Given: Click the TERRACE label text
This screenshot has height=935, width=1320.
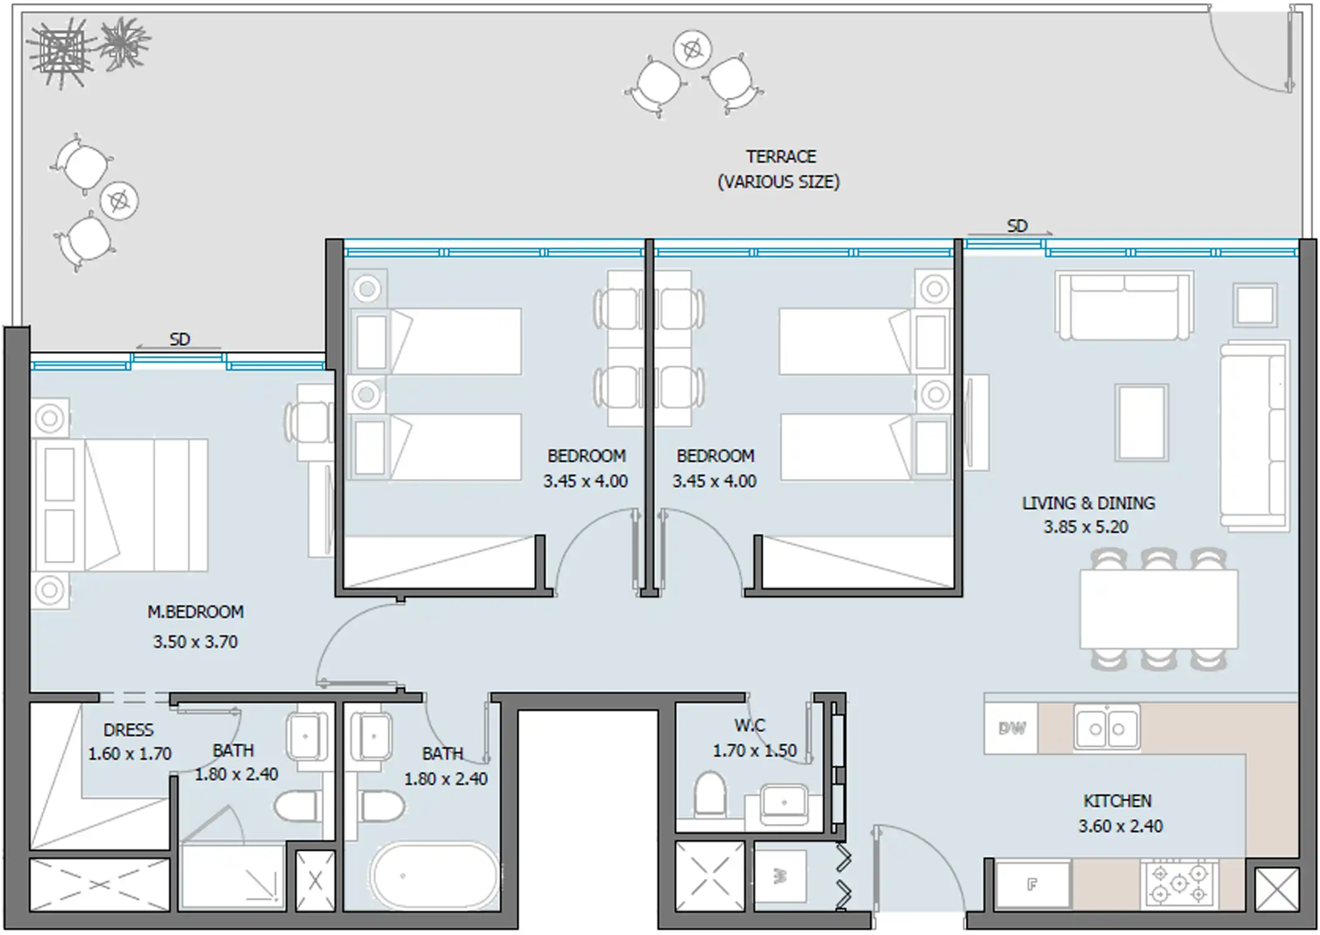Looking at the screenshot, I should click(x=781, y=156).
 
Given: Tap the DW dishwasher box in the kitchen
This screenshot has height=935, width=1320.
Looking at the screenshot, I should click(x=1012, y=728).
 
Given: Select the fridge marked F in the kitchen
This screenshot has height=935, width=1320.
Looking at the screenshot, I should click(x=1033, y=884).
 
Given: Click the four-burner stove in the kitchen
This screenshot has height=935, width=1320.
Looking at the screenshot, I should click(x=1179, y=883).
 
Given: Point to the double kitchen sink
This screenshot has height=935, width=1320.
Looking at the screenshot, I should click(x=1107, y=728).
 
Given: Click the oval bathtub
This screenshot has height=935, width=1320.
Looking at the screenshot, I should click(x=434, y=875).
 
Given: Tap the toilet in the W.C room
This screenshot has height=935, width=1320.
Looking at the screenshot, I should click(x=710, y=794).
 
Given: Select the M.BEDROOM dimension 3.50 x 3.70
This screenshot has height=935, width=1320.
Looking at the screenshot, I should click(x=195, y=641).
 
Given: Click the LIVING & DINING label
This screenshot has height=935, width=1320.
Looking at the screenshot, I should click(x=1088, y=503).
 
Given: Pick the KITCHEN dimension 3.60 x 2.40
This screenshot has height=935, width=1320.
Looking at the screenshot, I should click(x=1120, y=826).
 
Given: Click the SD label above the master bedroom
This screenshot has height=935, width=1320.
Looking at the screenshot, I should click(x=179, y=339).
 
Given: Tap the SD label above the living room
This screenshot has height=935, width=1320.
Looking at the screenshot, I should click(x=1016, y=226).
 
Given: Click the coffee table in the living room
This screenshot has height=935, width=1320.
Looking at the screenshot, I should click(x=1141, y=422).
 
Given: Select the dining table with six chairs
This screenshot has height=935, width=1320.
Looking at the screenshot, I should click(x=1159, y=609).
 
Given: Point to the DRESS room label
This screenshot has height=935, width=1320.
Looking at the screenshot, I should click(x=128, y=730).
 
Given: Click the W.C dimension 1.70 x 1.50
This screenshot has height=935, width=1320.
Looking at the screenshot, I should click(x=754, y=750).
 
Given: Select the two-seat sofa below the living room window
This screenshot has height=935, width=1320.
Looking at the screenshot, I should click(x=1124, y=305).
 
